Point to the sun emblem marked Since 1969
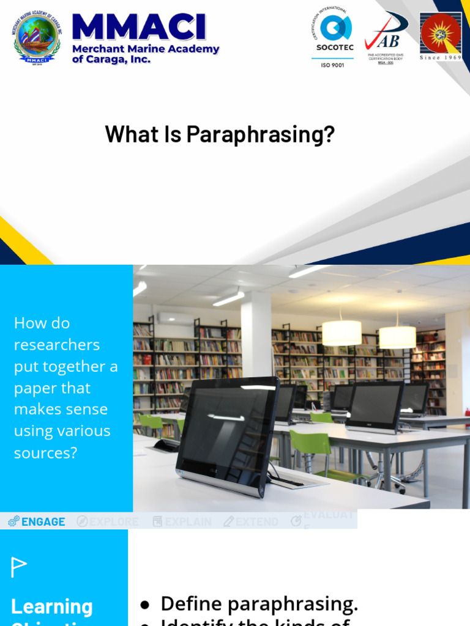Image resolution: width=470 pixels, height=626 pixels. pyautogui.click(x=441, y=34)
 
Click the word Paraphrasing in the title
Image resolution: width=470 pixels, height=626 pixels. pyautogui.click(x=261, y=134)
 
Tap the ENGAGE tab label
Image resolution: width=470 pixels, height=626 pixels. pyautogui.click(x=43, y=521)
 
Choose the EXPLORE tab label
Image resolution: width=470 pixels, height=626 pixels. pyautogui.click(x=114, y=521)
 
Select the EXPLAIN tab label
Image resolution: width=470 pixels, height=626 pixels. pyautogui.click(x=188, y=521)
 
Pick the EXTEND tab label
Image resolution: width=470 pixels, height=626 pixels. pyautogui.click(x=256, y=521)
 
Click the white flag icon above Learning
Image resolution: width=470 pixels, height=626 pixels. pyautogui.click(x=19, y=567)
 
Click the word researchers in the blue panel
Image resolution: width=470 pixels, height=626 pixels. pyautogui.click(x=56, y=345)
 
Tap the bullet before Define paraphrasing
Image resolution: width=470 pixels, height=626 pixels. pyautogui.click(x=144, y=605)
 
